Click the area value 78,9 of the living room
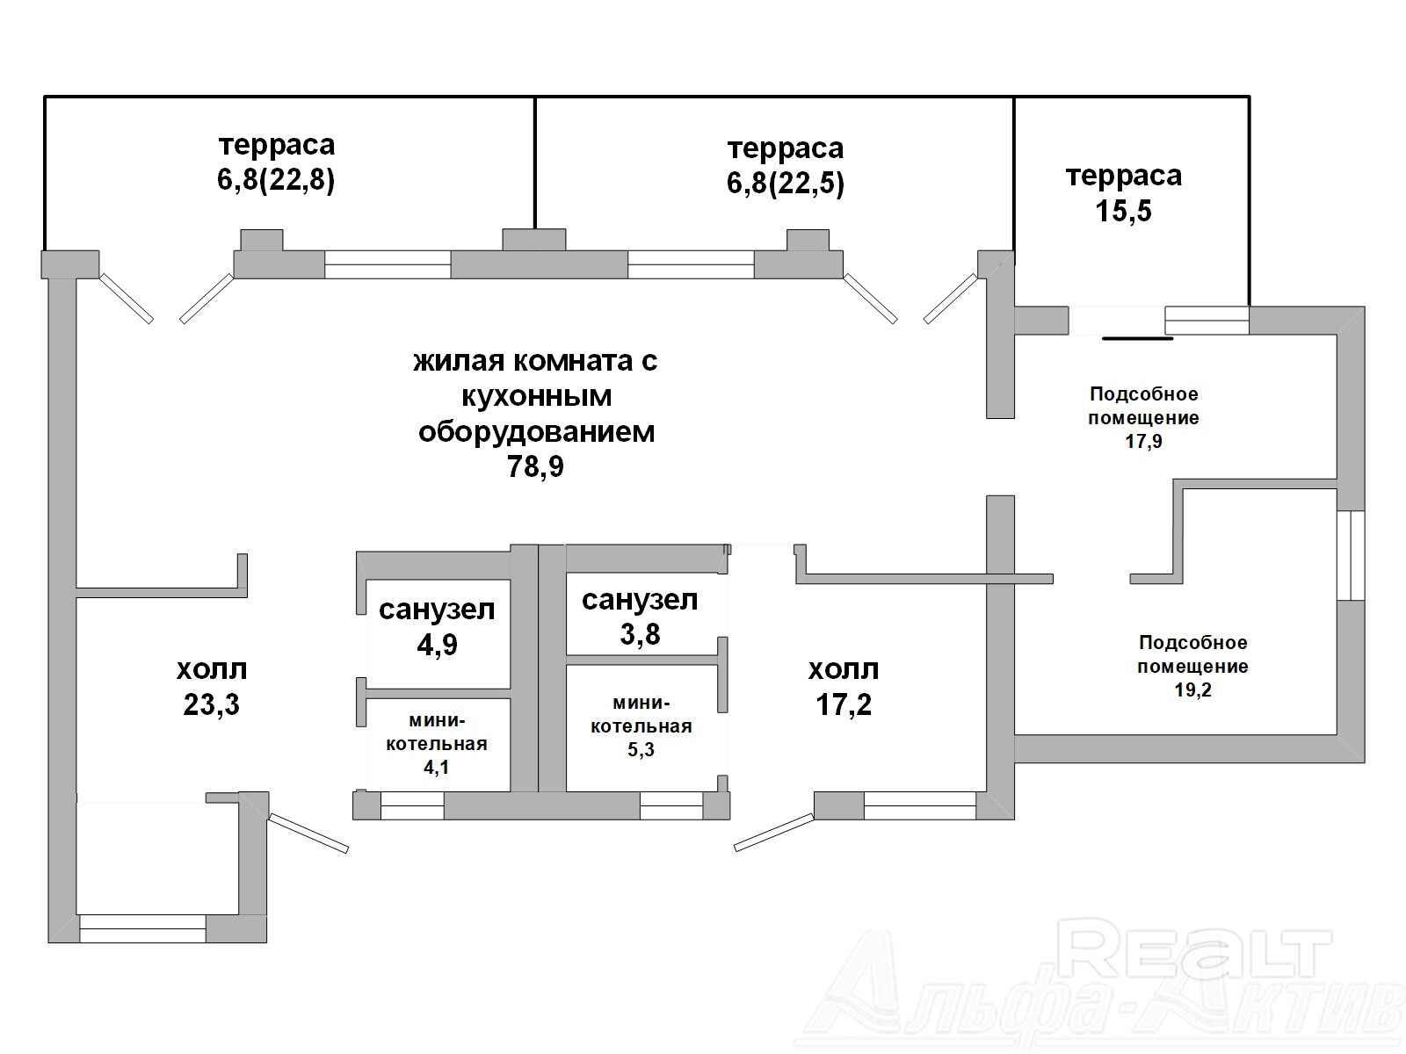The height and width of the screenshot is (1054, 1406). (x=535, y=466)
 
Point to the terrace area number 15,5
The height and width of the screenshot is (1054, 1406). (x=1124, y=211)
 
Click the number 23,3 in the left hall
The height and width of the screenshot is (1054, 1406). (x=212, y=704)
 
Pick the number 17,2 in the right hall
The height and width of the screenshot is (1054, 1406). (x=844, y=704)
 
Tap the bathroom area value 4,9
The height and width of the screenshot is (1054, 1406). (x=438, y=645)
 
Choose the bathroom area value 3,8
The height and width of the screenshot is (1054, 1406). (x=640, y=634)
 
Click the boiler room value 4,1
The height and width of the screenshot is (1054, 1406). (x=436, y=768)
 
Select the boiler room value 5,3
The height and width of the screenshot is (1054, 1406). (x=641, y=749)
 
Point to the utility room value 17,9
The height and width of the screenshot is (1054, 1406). (x=1144, y=442)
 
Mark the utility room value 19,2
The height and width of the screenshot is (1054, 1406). (x=1192, y=689)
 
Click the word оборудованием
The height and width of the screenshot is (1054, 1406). (x=537, y=432)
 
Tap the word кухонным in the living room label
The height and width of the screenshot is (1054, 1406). (x=537, y=397)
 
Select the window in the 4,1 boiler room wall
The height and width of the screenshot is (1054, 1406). (x=412, y=805)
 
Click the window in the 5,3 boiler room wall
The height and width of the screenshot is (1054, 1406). (x=671, y=805)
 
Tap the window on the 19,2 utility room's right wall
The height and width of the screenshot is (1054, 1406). (x=1351, y=555)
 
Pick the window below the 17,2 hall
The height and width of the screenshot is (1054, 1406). (x=920, y=805)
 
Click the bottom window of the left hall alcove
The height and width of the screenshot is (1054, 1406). (x=143, y=928)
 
